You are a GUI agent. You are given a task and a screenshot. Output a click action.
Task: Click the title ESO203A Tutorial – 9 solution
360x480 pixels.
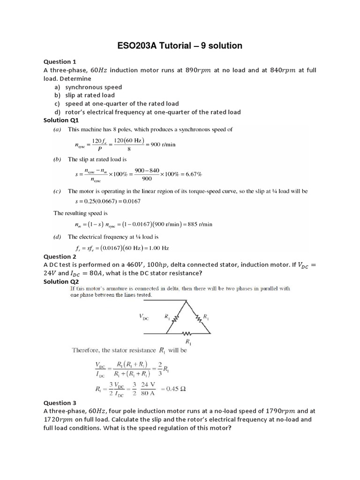(x=180, y=45)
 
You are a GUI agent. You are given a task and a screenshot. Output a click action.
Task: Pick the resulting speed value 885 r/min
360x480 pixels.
(x=199, y=224)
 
